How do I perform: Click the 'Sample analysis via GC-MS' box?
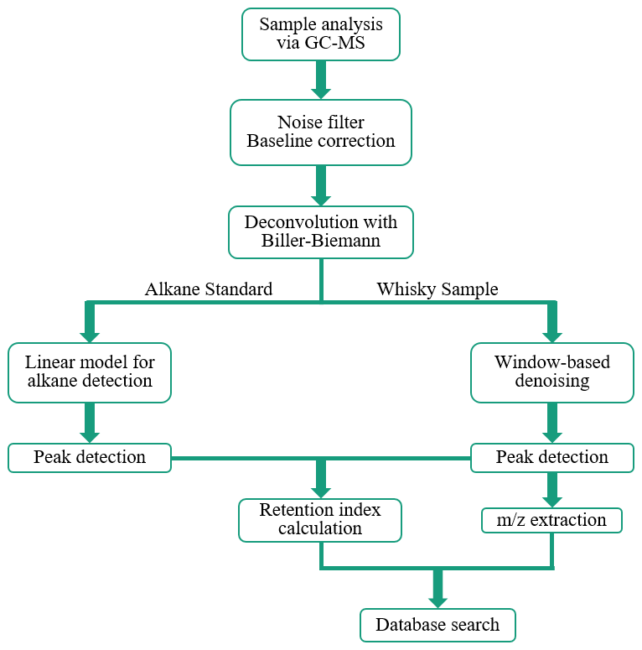pyautogui.click(x=320, y=34)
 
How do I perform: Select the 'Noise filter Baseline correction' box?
pyautogui.click(x=320, y=131)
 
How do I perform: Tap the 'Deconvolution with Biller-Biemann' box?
pyautogui.click(x=320, y=232)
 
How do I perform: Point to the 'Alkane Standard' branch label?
pyautogui.click(x=209, y=289)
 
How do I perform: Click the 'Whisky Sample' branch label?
pyautogui.click(x=437, y=289)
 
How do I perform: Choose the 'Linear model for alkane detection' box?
pyautogui.click(x=89, y=372)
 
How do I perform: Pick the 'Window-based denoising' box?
pyautogui.click(x=551, y=372)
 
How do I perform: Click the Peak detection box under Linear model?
pyautogui.click(x=89, y=457)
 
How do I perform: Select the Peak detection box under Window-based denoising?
pyautogui.click(x=551, y=457)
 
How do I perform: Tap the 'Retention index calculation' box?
pyautogui.click(x=320, y=519)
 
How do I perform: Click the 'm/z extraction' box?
pyautogui.click(x=551, y=520)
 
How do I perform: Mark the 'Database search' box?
pyautogui.click(x=437, y=625)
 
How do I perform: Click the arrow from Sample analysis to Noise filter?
pyautogui.click(x=320, y=80)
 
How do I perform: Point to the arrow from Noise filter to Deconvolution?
pyautogui.click(x=320, y=185)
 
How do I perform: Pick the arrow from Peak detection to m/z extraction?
pyautogui.click(x=551, y=490)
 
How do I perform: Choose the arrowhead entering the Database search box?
pyautogui.click(x=437, y=599)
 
